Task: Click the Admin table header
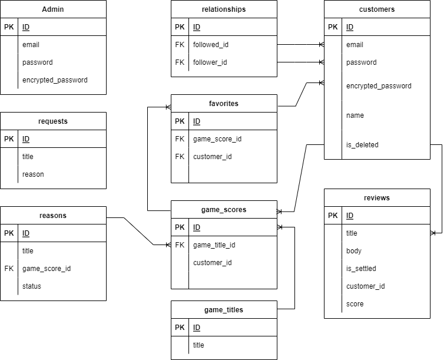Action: [x=53, y=9]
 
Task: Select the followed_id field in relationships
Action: [x=211, y=45]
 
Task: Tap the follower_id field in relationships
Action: [x=210, y=62]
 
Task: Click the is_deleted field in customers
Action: [x=362, y=145]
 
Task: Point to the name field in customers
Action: [x=355, y=115]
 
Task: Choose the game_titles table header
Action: [x=224, y=310]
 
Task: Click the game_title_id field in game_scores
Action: [x=214, y=245]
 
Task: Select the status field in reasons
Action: [x=32, y=286]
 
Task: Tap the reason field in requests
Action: [x=33, y=174]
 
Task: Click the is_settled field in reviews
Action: [x=361, y=269]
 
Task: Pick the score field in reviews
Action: [x=355, y=304]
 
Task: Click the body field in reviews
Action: [x=354, y=251]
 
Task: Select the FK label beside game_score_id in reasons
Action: [x=9, y=269]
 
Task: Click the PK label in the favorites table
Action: [x=180, y=121]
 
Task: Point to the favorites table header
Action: [x=224, y=104]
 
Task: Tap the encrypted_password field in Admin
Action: [x=55, y=80]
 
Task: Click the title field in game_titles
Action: [x=198, y=345]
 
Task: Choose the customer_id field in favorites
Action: [x=213, y=157]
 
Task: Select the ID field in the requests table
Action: [x=26, y=139]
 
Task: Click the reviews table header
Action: [x=377, y=198]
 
